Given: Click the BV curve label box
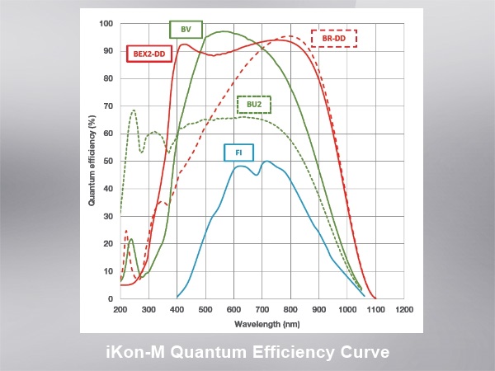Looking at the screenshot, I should (186, 31).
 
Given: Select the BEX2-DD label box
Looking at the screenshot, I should (149, 55).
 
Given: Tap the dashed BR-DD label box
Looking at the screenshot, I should (333, 39).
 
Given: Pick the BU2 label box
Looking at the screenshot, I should (254, 106).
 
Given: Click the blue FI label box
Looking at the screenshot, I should (238, 152).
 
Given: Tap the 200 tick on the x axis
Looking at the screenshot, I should (120, 309).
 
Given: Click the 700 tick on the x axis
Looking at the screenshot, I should (262, 309).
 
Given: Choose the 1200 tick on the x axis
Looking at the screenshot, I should (404, 309).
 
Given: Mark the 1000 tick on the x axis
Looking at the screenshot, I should (347, 309).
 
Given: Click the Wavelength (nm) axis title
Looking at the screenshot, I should (262, 322).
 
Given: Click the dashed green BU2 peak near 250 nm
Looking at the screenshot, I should (134, 110).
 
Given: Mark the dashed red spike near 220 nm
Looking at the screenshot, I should (126, 231).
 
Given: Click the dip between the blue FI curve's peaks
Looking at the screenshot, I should (256, 175).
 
